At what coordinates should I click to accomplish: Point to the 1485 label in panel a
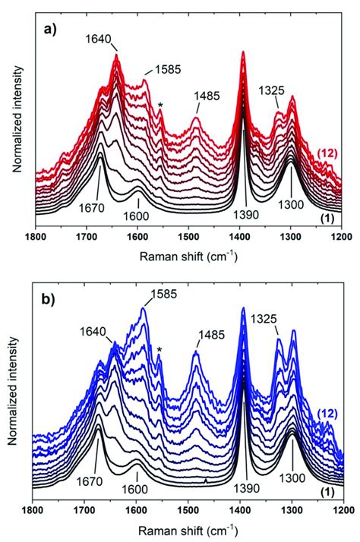click(x=207, y=96)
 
